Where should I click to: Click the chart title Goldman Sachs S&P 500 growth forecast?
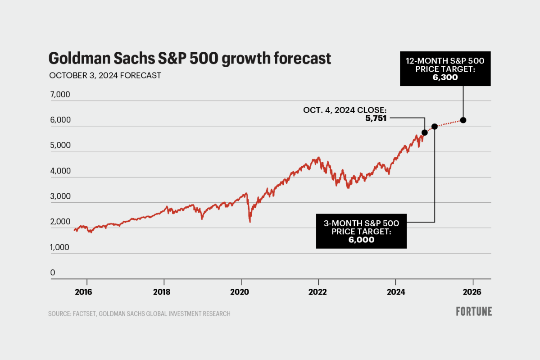point(189,59)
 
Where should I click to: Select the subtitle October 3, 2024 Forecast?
point(104,76)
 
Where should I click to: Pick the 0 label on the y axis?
point(53,273)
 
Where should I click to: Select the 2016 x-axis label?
point(83,292)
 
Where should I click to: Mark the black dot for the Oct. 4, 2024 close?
point(424,132)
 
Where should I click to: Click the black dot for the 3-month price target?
point(435,126)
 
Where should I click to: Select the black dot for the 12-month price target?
point(463,120)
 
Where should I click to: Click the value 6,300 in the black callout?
point(445,77)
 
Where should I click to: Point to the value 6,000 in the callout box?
point(362,240)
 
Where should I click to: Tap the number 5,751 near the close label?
point(376,118)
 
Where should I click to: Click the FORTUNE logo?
point(474,311)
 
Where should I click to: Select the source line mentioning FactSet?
point(139,314)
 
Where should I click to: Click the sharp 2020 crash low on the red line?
point(250,221)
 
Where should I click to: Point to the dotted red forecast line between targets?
point(449,123)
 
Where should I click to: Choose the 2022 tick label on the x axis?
point(317,292)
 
